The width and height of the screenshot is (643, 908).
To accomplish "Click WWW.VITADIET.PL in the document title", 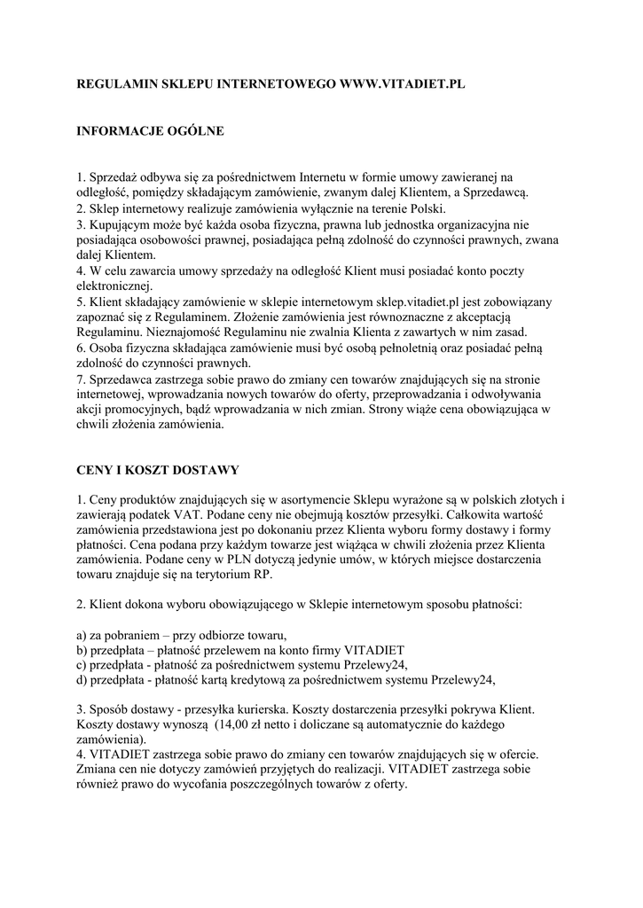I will [399, 84].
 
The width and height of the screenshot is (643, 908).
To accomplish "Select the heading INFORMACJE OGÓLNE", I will [150, 131].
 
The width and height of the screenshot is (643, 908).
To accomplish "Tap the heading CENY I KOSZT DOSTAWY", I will [158, 469].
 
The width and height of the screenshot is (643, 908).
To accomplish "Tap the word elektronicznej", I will [114, 285].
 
